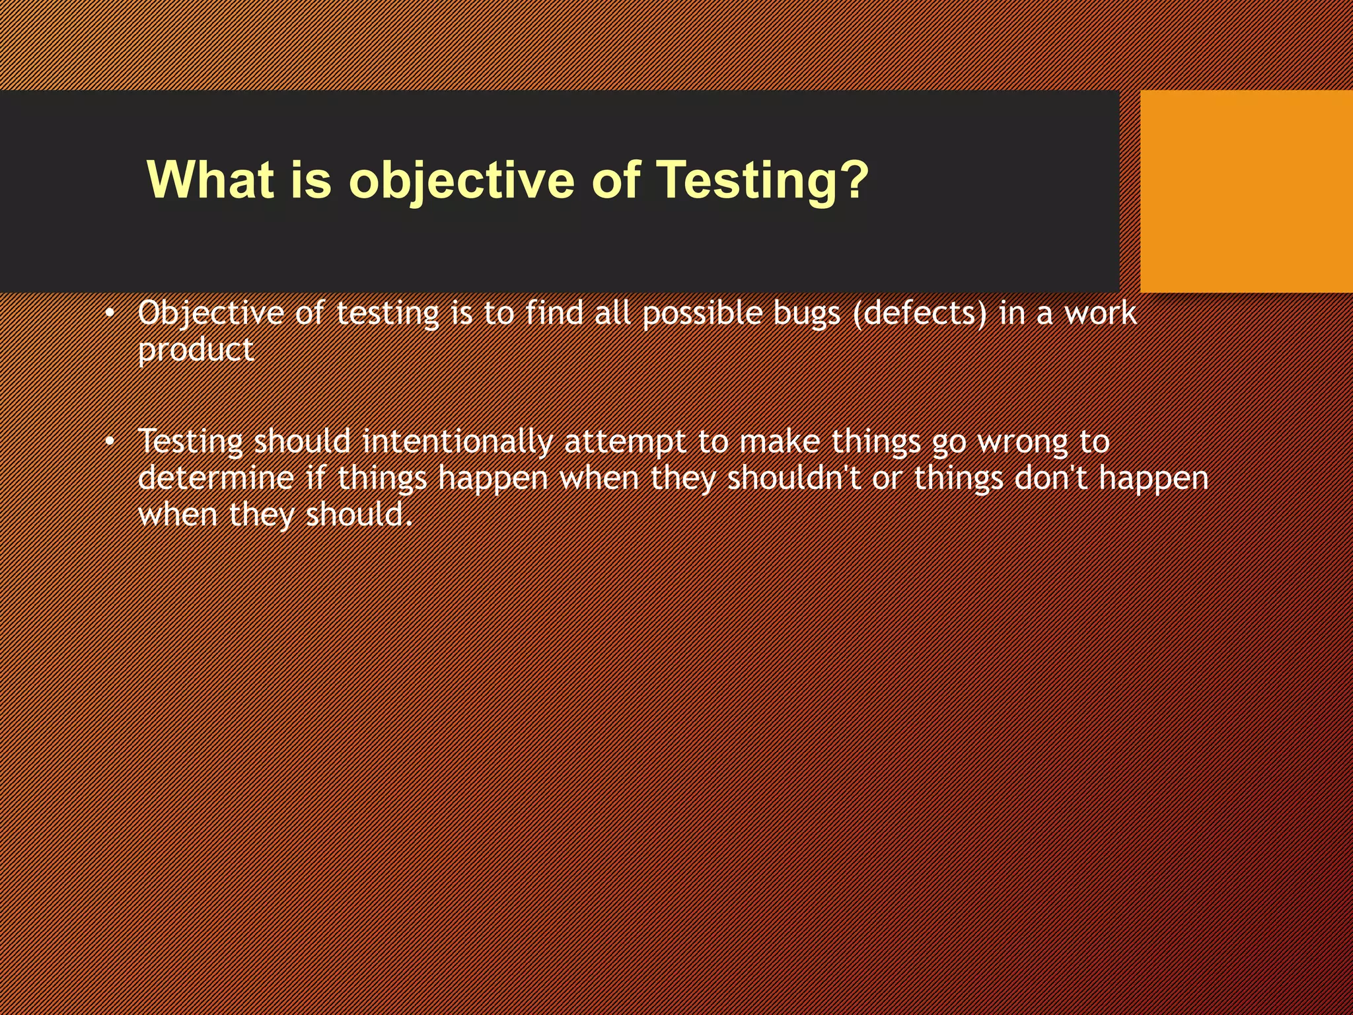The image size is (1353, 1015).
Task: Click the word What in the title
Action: [210, 180]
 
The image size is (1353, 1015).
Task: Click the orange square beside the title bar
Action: [1246, 192]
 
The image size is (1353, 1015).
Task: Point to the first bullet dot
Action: [110, 313]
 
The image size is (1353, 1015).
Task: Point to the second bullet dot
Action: [110, 441]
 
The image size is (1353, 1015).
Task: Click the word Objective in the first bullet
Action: [210, 313]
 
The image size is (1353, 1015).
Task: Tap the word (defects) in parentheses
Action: [920, 313]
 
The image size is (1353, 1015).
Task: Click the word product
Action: [196, 350]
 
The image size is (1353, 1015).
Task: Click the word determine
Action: [215, 478]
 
